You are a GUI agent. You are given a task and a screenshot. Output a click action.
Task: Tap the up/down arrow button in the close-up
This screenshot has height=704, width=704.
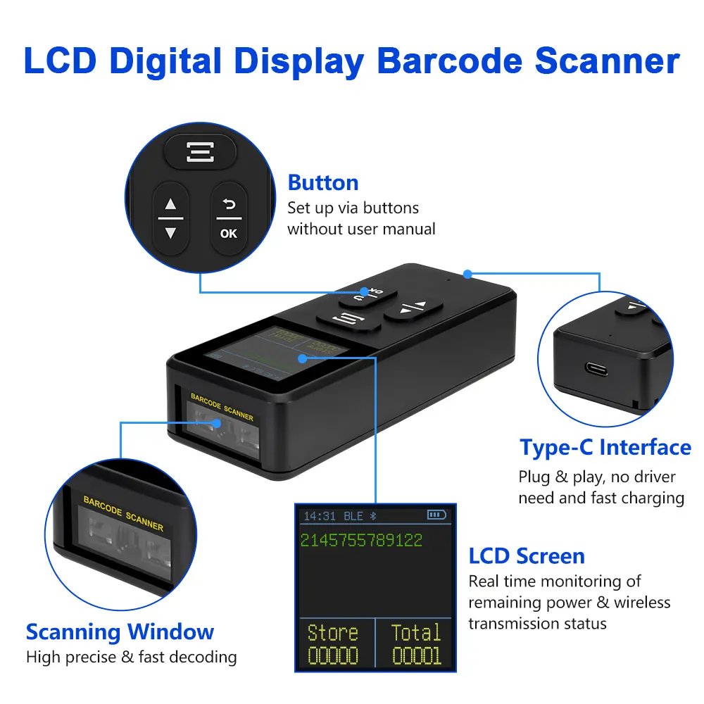pos(170,218)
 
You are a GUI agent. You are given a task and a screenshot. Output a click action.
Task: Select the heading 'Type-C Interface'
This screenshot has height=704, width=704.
pos(605,448)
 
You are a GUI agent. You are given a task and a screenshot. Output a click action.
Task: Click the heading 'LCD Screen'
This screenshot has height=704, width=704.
pos(527,556)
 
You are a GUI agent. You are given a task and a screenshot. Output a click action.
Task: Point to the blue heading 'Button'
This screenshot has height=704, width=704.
pos(323,183)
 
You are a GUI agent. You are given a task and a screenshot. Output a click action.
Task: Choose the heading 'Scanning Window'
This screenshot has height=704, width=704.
pos(120,631)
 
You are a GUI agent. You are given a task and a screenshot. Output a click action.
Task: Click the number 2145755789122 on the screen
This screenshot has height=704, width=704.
pos(361,541)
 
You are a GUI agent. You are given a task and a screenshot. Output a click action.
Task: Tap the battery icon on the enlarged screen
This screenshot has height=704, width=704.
pos(436,516)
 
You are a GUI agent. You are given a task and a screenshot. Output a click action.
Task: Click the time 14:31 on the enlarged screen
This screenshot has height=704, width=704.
pos(320,517)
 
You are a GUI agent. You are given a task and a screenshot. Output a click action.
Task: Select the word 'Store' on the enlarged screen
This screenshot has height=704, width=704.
pos(333,632)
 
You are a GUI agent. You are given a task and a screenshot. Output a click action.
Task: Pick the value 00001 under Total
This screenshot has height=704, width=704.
pos(416,656)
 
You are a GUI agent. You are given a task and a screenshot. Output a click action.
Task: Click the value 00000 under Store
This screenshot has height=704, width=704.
pos(333,656)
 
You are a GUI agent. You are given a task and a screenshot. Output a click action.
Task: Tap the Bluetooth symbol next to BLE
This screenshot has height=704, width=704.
pos(375,517)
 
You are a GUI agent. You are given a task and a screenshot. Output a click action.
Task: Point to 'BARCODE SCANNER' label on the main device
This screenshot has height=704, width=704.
pos(222,406)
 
